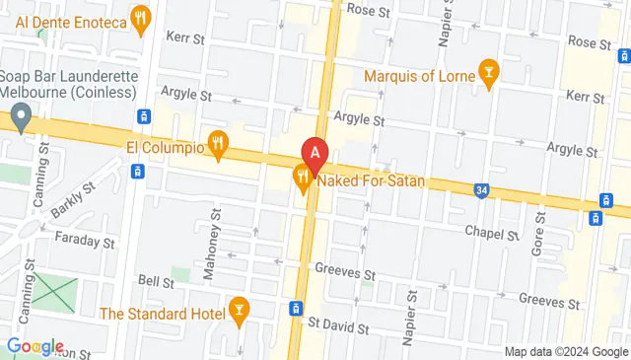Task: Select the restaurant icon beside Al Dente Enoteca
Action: (x=142, y=18)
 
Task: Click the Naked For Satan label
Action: (x=372, y=180)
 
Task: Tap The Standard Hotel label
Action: (x=162, y=314)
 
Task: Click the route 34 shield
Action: (x=480, y=188)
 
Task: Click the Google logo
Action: (x=35, y=347)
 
